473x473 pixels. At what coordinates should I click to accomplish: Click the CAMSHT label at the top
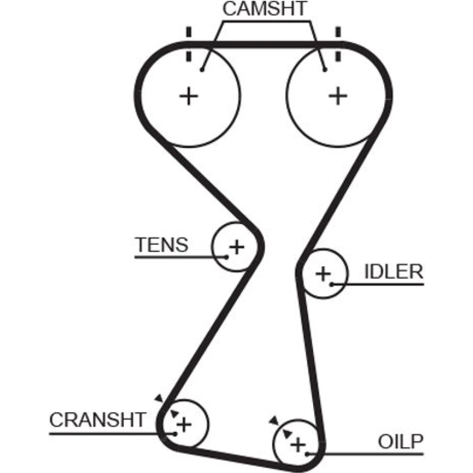(265, 9)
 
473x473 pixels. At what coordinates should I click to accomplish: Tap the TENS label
(162, 245)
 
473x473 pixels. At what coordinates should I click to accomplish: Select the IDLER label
(393, 272)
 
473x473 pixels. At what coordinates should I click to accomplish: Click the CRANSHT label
(97, 419)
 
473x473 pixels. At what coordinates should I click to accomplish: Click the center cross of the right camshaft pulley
(338, 96)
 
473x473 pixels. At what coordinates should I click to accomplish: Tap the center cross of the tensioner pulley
(236, 246)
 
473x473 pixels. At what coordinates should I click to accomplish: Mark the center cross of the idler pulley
(323, 273)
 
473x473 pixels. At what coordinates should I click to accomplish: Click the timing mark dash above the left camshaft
(189, 33)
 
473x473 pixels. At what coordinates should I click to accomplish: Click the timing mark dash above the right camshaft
(338, 33)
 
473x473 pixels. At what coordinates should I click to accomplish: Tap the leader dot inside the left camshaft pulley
(202, 70)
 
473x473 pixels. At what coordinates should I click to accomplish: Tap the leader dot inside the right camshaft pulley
(324, 70)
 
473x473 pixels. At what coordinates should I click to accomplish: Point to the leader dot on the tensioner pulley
(227, 257)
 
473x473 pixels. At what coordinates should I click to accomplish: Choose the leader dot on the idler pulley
(332, 284)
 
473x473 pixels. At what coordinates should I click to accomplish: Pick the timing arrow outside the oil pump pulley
(273, 420)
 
